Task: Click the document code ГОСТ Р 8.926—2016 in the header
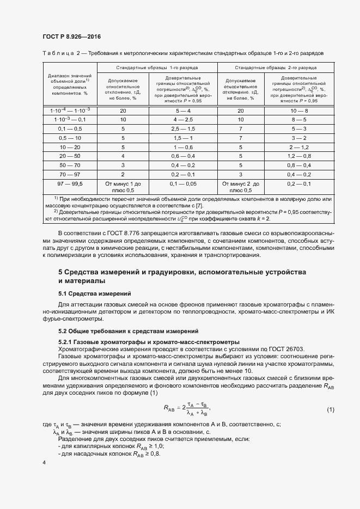click(71, 37)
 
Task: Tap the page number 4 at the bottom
click(44, 462)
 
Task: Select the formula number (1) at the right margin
click(330, 409)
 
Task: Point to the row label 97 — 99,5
click(70, 184)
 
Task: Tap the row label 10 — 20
click(70, 147)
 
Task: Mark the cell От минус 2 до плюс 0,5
click(241, 187)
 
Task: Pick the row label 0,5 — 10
click(70, 138)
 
